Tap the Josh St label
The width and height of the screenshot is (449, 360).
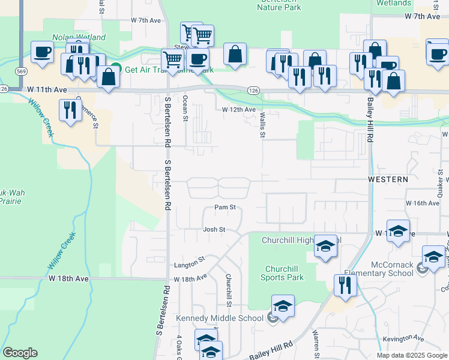pos(214,229)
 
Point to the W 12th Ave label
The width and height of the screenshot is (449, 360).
pos(239,110)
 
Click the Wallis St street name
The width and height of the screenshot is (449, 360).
pos(262,127)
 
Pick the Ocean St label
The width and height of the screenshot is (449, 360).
pos(185,108)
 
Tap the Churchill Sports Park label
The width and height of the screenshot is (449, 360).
pos(282,273)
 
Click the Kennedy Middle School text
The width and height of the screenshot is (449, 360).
pos(220,318)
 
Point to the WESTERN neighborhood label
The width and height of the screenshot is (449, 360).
pos(388,179)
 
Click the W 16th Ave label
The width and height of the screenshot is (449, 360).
pos(423,203)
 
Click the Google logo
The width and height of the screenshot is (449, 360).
pos(20,353)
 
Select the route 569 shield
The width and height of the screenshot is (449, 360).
pos(21,71)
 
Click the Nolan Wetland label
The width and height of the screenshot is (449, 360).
pos(79,37)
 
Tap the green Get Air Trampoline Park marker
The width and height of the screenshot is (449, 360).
pos(116,68)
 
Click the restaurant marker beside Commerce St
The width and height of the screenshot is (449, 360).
pos(71,110)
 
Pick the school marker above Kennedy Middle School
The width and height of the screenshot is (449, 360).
pos(282,305)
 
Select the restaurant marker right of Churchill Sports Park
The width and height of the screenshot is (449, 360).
pos(345,285)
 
